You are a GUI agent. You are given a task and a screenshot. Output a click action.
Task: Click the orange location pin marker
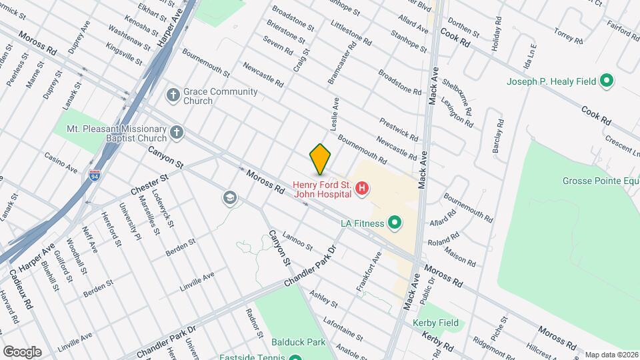321,159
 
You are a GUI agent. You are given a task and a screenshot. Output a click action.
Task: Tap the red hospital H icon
362,189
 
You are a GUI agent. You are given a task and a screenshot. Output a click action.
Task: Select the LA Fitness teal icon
395,223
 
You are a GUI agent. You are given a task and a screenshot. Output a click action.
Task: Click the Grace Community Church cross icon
173,94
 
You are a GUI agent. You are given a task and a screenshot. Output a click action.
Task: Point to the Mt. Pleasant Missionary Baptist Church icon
177,131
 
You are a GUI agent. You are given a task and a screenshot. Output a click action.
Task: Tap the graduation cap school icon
230,197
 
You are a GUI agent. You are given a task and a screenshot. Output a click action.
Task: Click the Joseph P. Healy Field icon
607,81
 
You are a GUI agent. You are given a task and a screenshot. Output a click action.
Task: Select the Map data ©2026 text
611,355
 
